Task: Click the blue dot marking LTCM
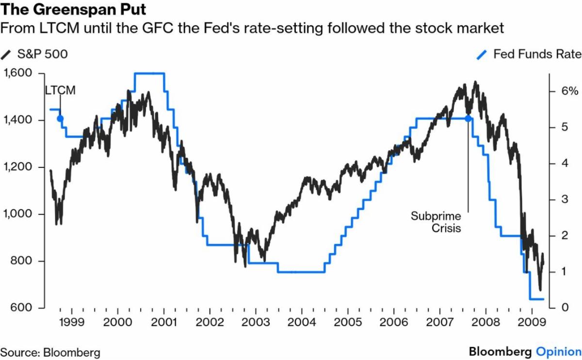[60, 118]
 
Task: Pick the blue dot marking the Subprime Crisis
[468, 118]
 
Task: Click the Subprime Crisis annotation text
[435, 222]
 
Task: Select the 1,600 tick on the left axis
[18, 73]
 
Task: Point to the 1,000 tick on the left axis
[18, 214]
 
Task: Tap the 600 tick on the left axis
[23, 308]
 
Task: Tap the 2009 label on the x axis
[532, 322]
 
